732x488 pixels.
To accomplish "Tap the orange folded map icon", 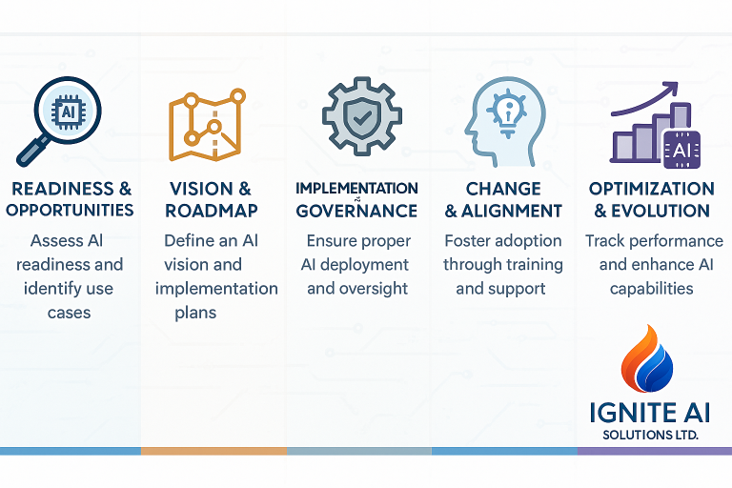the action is (x=207, y=125).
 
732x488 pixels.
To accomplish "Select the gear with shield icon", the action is (x=362, y=116).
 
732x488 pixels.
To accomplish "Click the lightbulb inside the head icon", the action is (x=507, y=113).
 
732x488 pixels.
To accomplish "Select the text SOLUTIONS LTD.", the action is (x=650, y=436).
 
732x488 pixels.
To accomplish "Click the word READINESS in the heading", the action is (x=63, y=189).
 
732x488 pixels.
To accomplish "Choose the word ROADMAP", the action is (x=212, y=211).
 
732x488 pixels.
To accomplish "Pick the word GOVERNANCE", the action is (x=356, y=211).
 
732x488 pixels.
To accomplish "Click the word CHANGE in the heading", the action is (x=503, y=189).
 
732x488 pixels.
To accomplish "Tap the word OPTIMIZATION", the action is (x=651, y=189).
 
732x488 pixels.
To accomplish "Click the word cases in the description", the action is (x=69, y=313).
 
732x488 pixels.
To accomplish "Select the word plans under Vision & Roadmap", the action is (x=195, y=313).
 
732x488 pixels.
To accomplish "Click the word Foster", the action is (x=467, y=240).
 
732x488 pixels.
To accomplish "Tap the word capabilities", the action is (x=651, y=289).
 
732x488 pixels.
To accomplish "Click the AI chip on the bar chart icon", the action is (x=681, y=150).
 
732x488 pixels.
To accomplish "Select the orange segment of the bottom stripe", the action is (x=213, y=451).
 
